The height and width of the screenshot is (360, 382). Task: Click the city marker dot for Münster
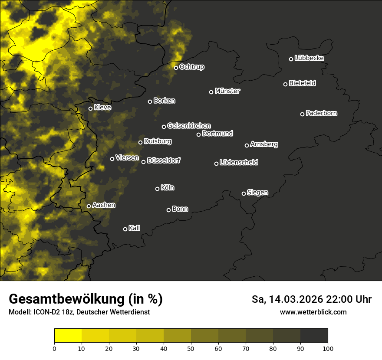[211, 92]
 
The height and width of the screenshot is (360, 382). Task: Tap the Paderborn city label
[321, 113]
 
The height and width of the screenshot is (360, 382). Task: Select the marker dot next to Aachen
[89, 206]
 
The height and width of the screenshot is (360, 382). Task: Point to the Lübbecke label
[309, 58]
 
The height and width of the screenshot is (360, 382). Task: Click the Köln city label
[168, 188]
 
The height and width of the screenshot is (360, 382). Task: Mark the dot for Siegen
[244, 193]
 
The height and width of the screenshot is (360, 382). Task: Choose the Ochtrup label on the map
[191, 67]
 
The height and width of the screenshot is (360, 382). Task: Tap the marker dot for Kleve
[91, 108]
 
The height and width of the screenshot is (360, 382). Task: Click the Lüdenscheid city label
[239, 162]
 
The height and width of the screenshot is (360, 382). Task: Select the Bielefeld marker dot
[286, 84]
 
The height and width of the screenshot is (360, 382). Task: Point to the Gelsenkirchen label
[189, 126]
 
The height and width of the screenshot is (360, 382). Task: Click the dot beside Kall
[125, 229]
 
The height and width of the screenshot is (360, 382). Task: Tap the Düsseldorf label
[164, 160]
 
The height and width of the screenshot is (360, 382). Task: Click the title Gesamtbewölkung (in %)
[86, 299]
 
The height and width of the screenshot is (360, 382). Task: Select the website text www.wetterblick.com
[313, 312]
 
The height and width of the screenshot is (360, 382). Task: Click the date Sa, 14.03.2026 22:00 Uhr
[311, 299]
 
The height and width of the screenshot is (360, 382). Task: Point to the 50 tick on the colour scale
[191, 348]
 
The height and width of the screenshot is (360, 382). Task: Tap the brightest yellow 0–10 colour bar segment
[68, 336]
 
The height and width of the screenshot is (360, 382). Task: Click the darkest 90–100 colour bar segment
[314, 336]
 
